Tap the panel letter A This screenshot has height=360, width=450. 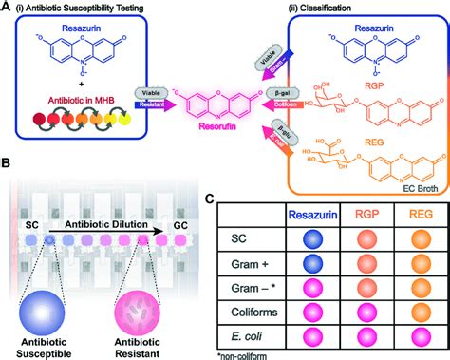click(x=7, y=8)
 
